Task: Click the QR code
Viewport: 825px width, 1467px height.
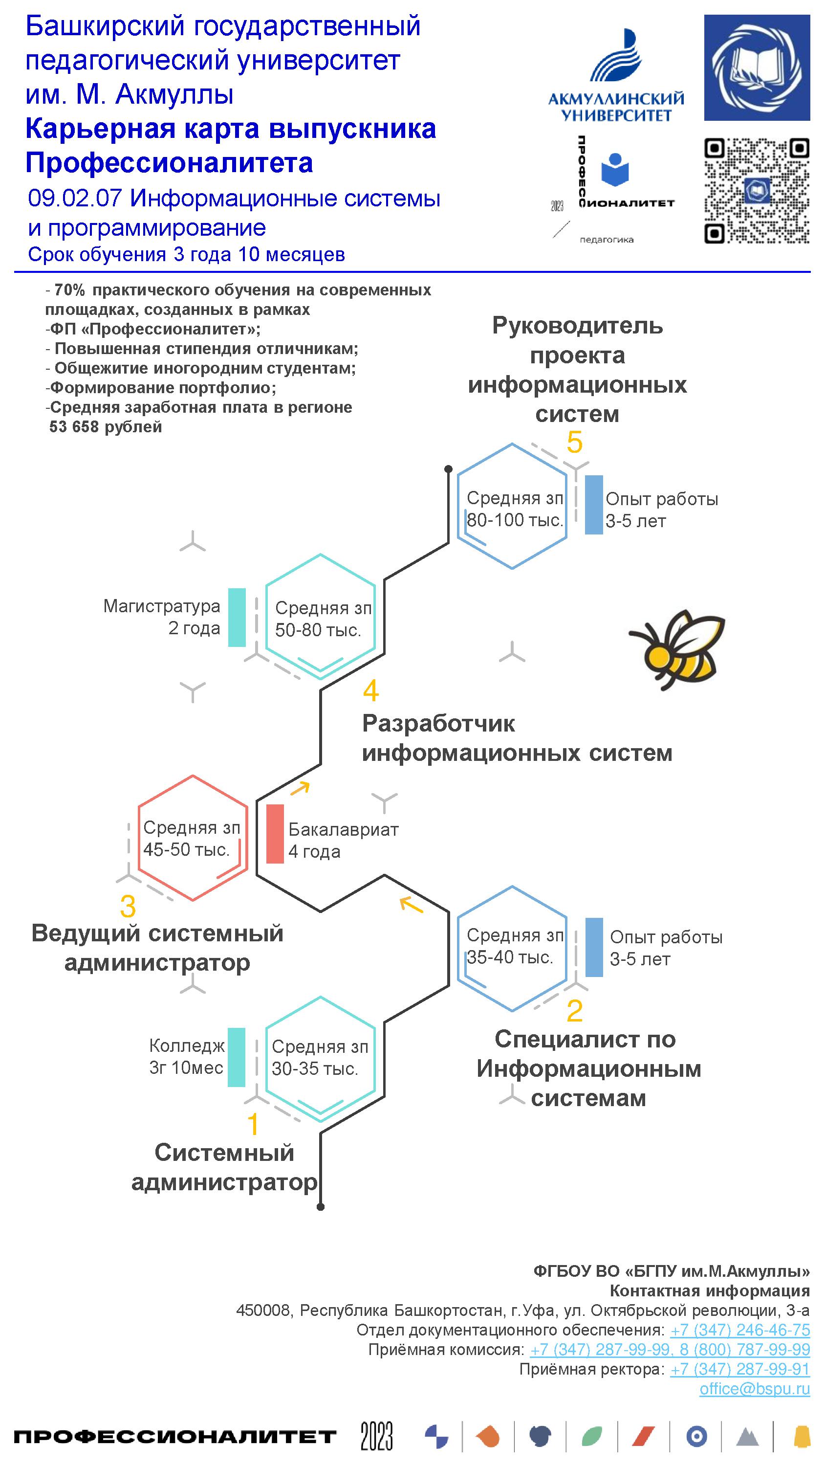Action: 757,191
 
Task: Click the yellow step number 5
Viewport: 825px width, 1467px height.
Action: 574,443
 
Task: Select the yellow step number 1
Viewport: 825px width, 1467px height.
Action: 253,1125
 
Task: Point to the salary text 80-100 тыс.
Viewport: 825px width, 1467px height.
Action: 515,520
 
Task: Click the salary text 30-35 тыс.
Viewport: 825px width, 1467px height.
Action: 315,1069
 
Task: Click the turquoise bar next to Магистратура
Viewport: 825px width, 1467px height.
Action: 237,617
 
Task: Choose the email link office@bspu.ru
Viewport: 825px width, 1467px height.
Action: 755,1389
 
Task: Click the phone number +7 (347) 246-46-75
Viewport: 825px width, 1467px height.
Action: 739,1330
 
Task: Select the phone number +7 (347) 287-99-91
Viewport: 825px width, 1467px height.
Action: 739,1369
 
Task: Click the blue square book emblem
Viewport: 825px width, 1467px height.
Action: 757,68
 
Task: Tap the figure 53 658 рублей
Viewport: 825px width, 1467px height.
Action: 106,426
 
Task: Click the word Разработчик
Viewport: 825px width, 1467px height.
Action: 438,724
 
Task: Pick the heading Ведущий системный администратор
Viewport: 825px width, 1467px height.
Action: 157,948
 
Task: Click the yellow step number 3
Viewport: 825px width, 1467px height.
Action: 128,906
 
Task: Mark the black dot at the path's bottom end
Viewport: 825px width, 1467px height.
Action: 321,1206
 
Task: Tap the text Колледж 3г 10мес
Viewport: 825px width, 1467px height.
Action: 187,1057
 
